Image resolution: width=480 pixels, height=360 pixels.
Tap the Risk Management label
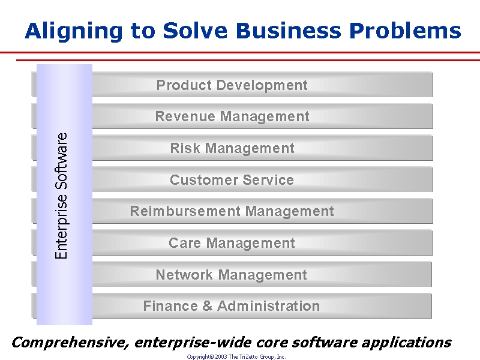point(232,148)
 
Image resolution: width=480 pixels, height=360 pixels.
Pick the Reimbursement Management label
point(232,211)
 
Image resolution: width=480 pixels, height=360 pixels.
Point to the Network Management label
point(232,275)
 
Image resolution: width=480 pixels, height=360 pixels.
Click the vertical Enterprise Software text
point(61,196)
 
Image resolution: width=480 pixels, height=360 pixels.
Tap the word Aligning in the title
point(73,31)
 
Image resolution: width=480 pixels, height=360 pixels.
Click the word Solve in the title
point(196,31)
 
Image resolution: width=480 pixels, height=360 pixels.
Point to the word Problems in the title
point(405,31)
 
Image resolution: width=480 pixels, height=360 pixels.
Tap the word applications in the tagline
point(407,343)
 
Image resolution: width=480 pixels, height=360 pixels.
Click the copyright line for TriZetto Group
point(236,356)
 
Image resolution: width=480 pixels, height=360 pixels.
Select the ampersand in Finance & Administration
point(207,306)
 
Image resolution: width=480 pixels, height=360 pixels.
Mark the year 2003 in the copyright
point(221,356)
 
